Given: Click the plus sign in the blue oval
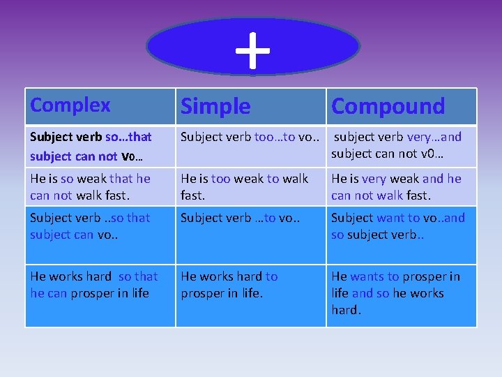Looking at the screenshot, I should (x=252, y=50).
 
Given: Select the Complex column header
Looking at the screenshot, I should (x=70, y=105).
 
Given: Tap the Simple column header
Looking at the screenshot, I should (x=215, y=106).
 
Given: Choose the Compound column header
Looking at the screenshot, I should (x=388, y=106).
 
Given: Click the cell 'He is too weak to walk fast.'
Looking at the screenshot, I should (x=250, y=186).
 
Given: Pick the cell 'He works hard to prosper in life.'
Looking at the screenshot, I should (x=250, y=285).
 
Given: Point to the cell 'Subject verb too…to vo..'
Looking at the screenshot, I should (x=250, y=137).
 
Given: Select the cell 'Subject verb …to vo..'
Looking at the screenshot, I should (x=250, y=218).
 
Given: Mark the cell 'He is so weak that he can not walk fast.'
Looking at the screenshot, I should (x=100, y=186).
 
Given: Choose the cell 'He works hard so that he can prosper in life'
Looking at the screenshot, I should (x=100, y=285).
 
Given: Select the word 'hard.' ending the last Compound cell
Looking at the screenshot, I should (x=347, y=310).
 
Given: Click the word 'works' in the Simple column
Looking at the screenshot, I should (x=218, y=276).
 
